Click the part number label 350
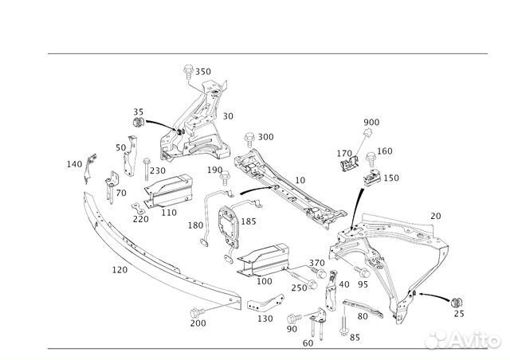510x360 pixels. [x=203, y=72]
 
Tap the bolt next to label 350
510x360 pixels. [x=186, y=71]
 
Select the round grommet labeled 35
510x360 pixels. [x=138, y=124]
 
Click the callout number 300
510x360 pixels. [x=265, y=137]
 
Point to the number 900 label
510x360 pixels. [x=371, y=122]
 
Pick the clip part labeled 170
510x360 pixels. [x=347, y=163]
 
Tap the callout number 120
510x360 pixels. [x=119, y=270]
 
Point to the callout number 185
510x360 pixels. [x=249, y=221]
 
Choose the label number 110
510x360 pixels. [x=168, y=213]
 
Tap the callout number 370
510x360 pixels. [x=316, y=263]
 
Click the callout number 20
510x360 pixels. [x=435, y=216]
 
